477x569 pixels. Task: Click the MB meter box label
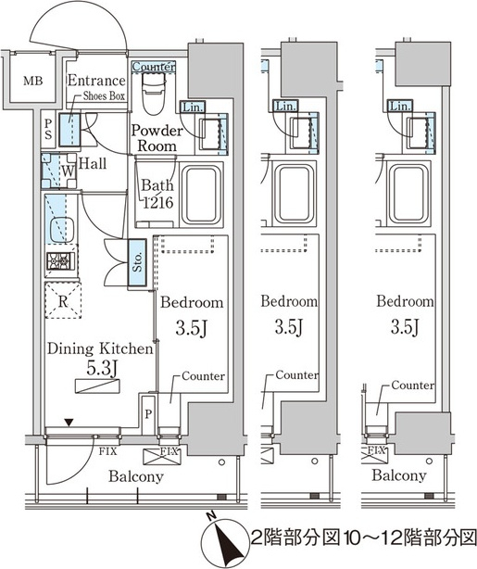tap(33, 81)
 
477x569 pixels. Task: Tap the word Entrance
tap(96, 81)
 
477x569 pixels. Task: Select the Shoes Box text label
tap(104, 95)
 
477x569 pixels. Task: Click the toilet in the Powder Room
tap(154, 94)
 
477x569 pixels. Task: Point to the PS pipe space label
tap(48, 130)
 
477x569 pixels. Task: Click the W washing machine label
tap(68, 171)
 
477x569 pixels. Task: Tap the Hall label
tap(93, 163)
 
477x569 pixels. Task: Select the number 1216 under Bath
tap(157, 203)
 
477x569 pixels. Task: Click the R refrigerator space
tap(63, 300)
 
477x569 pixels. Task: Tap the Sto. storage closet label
tap(137, 262)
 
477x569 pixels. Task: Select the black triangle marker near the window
tap(69, 422)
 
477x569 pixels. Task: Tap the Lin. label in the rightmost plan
tap(400, 107)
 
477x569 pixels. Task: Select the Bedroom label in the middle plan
tap(289, 301)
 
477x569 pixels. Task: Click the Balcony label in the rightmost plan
tap(398, 475)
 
